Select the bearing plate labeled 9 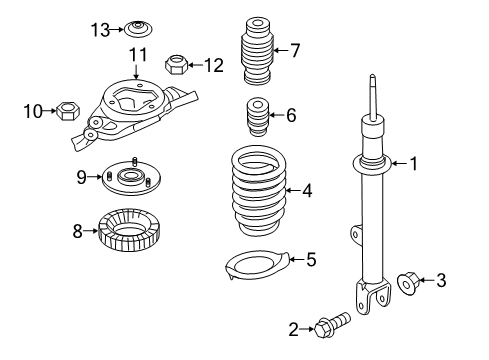pyautogui.click(x=128, y=178)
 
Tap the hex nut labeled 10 pyautogui.click(x=70, y=109)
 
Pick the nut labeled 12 pyautogui.click(x=177, y=66)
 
